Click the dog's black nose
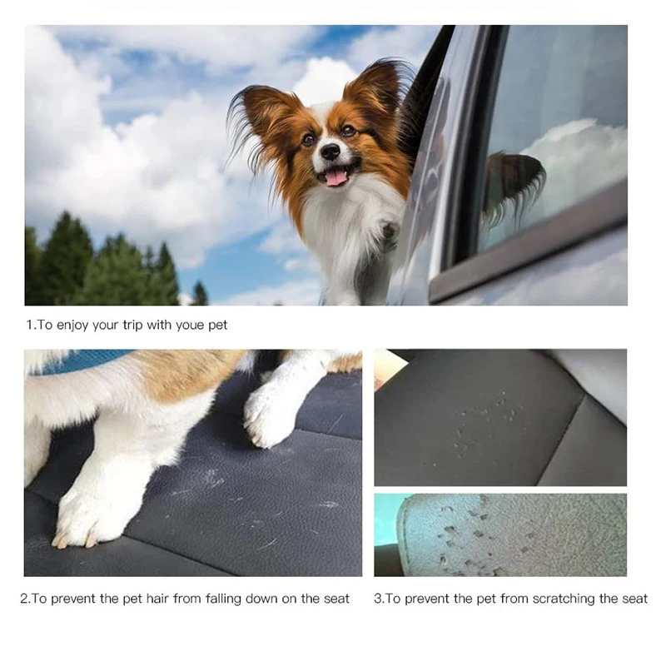(331, 152)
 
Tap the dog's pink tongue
(335, 176)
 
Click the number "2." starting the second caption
(26, 599)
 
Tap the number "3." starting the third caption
(379, 599)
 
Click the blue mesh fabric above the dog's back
(83, 360)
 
